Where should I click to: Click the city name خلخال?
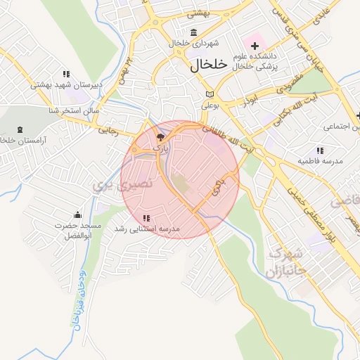click(x=210, y=64)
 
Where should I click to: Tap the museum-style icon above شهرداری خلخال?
click(x=194, y=32)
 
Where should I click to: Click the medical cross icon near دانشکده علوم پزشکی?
click(x=255, y=46)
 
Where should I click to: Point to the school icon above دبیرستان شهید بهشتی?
click(x=66, y=74)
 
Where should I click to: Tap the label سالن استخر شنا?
click(x=73, y=111)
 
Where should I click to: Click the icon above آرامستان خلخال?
click(x=18, y=129)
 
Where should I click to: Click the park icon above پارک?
click(x=161, y=136)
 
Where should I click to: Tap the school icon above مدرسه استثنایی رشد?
click(x=146, y=219)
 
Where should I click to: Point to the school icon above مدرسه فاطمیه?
click(x=320, y=150)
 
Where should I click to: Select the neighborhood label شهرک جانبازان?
click(x=286, y=262)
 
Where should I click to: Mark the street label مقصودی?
click(x=288, y=83)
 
